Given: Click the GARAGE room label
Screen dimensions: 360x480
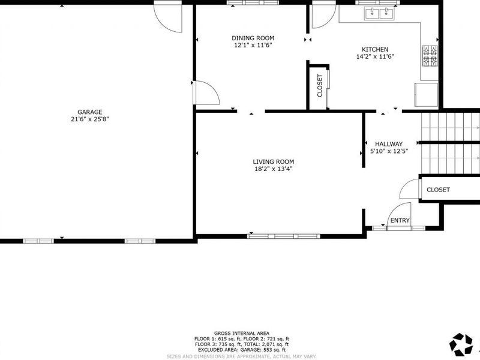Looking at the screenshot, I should pyautogui.click(x=89, y=112).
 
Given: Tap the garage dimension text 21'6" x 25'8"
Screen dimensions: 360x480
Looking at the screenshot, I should pyautogui.click(x=89, y=119).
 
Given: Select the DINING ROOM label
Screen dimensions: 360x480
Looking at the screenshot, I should pyautogui.click(x=253, y=37).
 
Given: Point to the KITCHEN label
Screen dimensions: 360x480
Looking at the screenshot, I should pyautogui.click(x=375, y=49).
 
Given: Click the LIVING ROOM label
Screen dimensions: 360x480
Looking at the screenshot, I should pyautogui.click(x=273, y=161).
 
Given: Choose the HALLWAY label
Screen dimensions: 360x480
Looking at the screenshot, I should pyautogui.click(x=388, y=144).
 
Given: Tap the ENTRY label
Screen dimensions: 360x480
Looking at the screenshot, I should pyautogui.click(x=400, y=221).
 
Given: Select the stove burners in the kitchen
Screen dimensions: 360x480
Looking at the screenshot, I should pyautogui.click(x=430, y=56).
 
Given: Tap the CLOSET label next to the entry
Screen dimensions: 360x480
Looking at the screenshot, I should pyautogui.click(x=438, y=190).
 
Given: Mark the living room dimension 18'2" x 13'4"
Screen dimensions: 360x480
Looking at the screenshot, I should pyautogui.click(x=273, y=169).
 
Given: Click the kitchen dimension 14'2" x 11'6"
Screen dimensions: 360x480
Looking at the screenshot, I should pyautogui.click(x=375, y=56).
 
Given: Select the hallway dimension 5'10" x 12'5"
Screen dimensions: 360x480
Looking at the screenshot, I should pyautogui.click(x=388, y=151).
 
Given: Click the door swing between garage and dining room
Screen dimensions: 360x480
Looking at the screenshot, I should pyautogui.click(x=205, y=93).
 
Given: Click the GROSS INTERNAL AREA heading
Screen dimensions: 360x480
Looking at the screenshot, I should pyautogui.click(x=241, y=333).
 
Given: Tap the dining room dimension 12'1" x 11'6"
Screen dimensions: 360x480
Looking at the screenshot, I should pyautogui.click(x=253, y=44).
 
